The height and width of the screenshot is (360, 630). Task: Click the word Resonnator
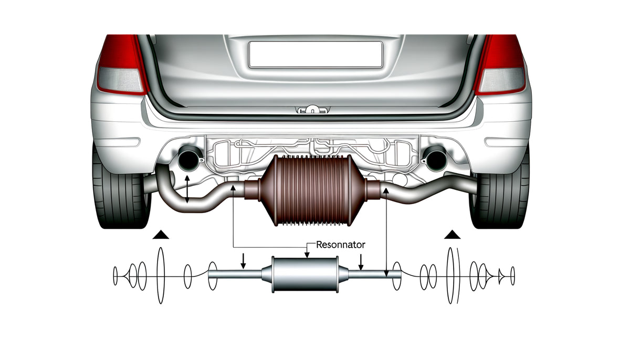pyautogui.click(x=341, y=245)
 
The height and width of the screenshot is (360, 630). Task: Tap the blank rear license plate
pyautogui.click(x=316, y=55)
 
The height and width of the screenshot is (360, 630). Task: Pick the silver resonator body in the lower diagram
pyautogui.click(x=306, y=274)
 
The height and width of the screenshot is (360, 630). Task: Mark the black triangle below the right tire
pyautogui.click(x=452, y=235)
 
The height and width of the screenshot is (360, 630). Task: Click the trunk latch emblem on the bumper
pyautogui.click(x=312, y=109)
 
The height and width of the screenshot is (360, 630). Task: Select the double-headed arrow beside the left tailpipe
pyautogui.click(x=188, y=190)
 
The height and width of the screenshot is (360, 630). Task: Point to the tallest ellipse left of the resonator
pyautogui.click(x=161, y=274)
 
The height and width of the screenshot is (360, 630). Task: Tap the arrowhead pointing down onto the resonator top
pyautogui.click(x=306, y=255)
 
